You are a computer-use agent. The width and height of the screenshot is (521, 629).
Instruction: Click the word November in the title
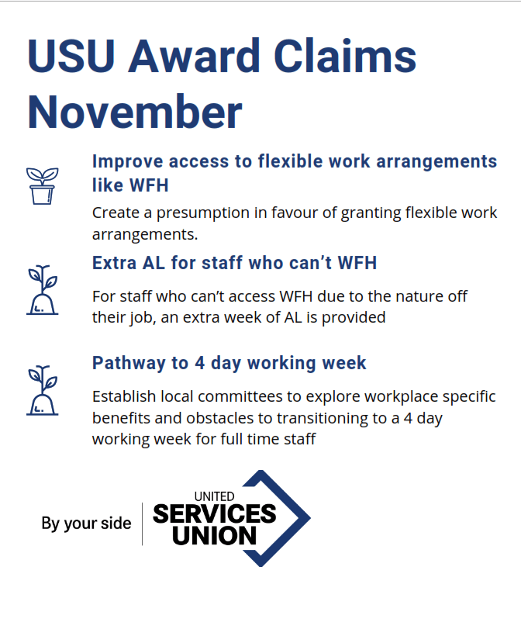(135, 112)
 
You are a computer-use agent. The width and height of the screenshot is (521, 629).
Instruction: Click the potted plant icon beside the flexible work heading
(42, 185)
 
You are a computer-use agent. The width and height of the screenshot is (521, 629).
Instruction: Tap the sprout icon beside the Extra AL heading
(42, 289)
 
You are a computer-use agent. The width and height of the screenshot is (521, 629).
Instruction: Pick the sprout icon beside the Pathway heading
(42, 390)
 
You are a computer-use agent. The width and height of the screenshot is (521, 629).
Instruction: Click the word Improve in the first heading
(128, 161)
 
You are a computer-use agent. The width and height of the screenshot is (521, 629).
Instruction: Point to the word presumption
(203, 213)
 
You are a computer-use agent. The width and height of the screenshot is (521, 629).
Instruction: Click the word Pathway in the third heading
(129, 364)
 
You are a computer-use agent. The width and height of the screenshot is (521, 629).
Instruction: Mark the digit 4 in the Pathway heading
(200, 363)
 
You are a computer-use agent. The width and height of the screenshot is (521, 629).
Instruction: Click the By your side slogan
(86, 524)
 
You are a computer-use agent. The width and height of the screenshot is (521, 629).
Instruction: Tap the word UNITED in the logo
(214, 496)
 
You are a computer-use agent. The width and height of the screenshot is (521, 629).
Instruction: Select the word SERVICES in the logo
(215, 514)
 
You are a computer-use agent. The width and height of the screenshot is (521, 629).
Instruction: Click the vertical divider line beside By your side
(143, 524)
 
